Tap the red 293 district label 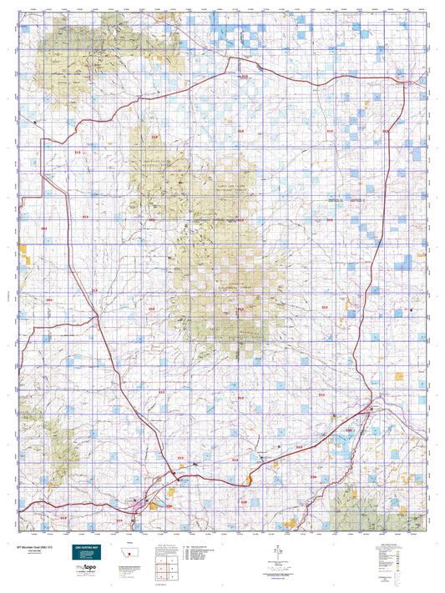click(x=44, y=228)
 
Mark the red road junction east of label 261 click(x=98, y=316)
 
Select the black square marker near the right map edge click(x=414, y=310)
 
